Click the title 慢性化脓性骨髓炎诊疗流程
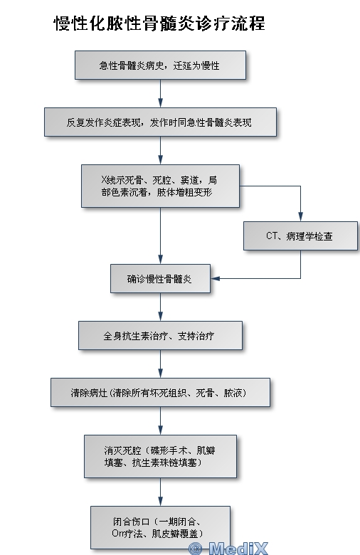click(159, 23)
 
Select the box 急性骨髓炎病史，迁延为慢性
click(160, 65)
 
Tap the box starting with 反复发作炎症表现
click(160, 122)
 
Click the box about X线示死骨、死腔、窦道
click(160, 186)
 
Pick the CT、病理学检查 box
click(300, 236)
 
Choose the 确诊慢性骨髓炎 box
click(160, 278)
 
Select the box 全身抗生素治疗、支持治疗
click(160, 336)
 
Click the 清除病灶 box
click(160, 393)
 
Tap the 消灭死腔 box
click(160, 457)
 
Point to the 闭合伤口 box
click(160, 527)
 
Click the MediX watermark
click(228, 549)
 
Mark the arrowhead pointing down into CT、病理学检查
click(300, 217)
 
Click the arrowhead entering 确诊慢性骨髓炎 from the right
click(216, 278)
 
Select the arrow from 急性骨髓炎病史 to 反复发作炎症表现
click(160, 94)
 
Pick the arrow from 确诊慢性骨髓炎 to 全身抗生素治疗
click(160, 307)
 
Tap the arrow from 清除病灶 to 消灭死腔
click(160, 421)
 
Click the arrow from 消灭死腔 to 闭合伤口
click(160, 492)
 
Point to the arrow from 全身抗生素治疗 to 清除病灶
click(160, 364)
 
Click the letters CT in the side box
click(271, 236)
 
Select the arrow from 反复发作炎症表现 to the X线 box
click(160, 150)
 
